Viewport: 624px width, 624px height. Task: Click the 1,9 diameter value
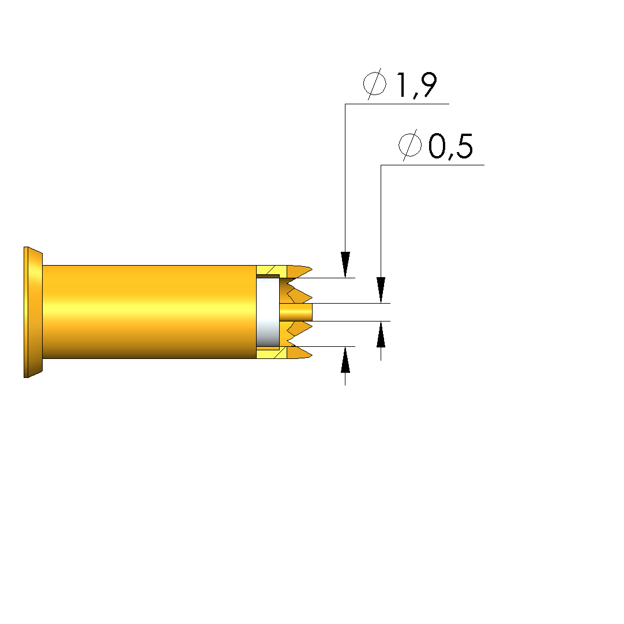416,85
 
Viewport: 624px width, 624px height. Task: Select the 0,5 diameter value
451,146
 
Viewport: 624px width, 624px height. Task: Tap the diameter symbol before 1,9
375,84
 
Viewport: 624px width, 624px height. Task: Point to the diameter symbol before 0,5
410,145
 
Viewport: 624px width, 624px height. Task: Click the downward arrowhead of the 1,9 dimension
345,264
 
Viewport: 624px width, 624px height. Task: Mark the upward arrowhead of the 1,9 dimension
345,360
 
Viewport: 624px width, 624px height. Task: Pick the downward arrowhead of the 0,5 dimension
381,290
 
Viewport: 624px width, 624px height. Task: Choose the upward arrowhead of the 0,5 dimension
381,334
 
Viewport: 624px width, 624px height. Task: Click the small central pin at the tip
296,312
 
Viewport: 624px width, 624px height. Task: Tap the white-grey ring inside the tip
268,312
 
